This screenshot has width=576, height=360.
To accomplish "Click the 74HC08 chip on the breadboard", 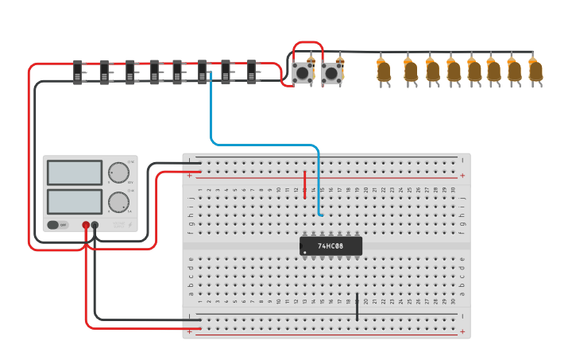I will click(x=331, y=246).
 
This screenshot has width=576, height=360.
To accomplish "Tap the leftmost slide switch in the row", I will click(x=79, y=72).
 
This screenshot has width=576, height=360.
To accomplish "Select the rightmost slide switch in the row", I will click(x=253, y=72).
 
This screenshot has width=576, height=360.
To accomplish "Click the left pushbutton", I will click(x=302, y=74).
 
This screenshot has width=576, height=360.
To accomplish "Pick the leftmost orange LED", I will click(x=384, y=72).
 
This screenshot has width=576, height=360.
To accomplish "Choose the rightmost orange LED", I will click(x=535, y=72).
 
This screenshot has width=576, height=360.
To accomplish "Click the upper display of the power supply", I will click(x=75, y=172).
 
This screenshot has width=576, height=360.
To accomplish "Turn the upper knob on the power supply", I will click(x=118, y=172).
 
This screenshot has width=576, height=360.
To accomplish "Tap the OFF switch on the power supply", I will click(x=57, y=225).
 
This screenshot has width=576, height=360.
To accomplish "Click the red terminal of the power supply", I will click(x=86, y=226).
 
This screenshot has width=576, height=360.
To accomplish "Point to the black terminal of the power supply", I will click(x=95, y=226).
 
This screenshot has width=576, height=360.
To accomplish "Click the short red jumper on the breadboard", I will click(x=305, y=184).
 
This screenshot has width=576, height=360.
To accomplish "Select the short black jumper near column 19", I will click(x=357, y=307).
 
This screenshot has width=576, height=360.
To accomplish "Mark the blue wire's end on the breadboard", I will click(x=320, y=214).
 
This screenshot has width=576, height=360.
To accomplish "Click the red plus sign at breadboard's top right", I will click(x=462, y=176).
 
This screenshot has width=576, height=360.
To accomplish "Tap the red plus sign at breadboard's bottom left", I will click(x=190, y=330).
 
